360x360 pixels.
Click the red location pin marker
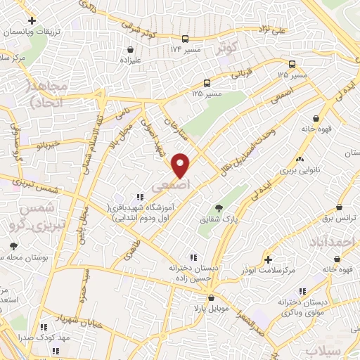tap(181, 165)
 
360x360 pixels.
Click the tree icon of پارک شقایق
tap(219, 207)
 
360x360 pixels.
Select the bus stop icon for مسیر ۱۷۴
tap(185, 39)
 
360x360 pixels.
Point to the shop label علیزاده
tap(131, 60)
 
